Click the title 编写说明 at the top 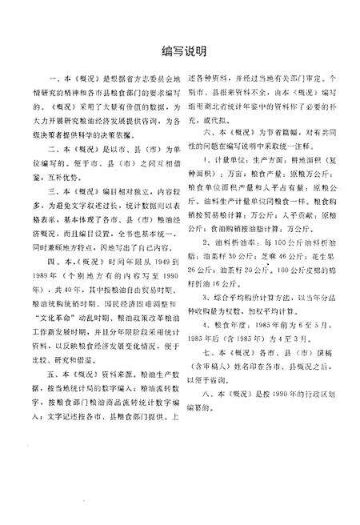(179, 51)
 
